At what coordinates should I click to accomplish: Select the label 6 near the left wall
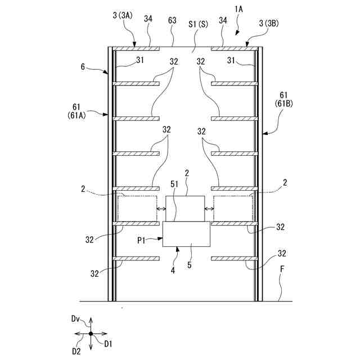[x=83, y=66]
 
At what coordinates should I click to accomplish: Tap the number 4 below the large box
[x=173, y=269]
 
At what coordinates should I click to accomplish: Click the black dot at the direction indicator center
[x=91, y=334]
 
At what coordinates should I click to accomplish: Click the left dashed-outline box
[x=137, y=208]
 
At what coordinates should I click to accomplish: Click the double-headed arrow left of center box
[x=161, y=209]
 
